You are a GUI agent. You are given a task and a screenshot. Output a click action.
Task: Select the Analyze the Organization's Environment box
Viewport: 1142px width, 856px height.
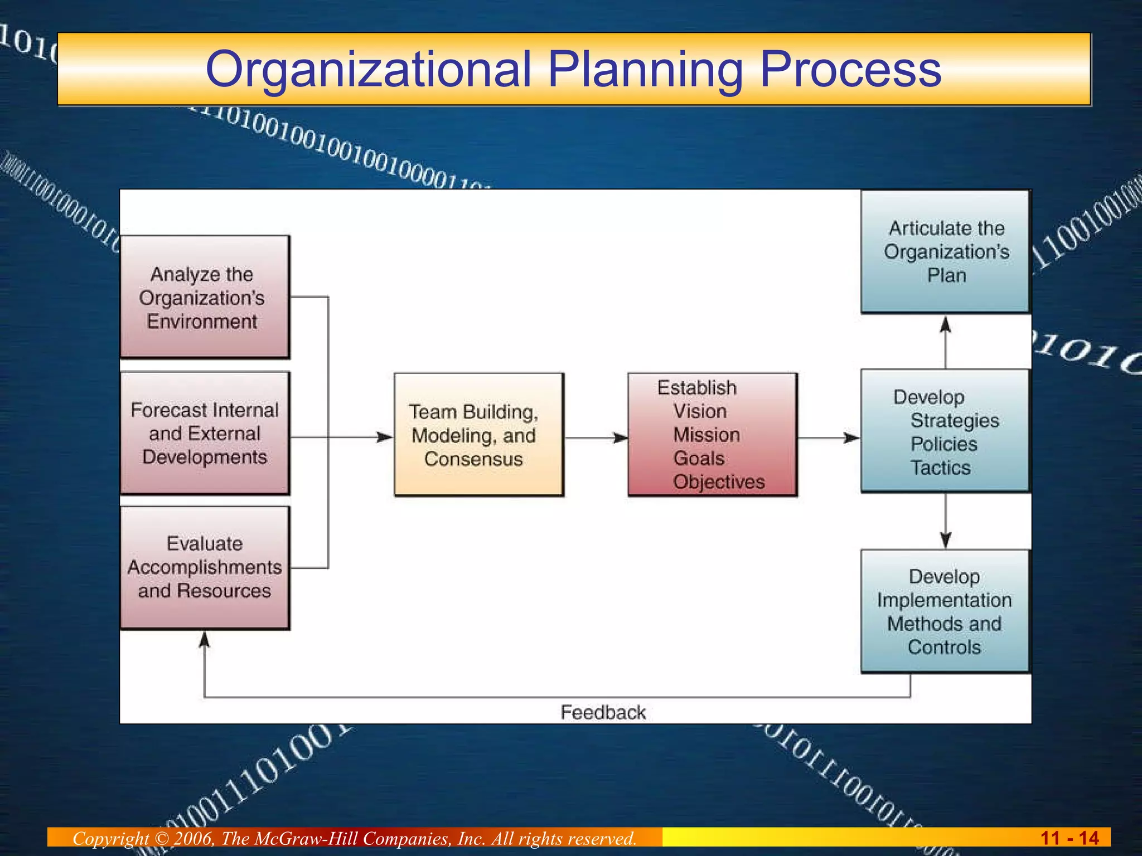coord(205,297)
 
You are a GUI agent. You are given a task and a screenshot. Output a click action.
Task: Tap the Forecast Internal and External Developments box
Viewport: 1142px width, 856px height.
coord(205,433)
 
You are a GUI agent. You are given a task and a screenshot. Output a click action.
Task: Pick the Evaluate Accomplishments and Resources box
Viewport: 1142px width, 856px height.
coord(205,567)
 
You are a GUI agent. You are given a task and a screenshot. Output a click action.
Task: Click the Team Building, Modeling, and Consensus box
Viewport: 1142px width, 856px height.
coord(478,435)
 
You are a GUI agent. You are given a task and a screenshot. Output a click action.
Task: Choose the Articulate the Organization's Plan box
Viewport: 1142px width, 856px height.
coord(946,251)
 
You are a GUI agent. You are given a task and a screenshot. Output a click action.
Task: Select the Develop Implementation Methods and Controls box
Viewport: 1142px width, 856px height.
coord(946,611)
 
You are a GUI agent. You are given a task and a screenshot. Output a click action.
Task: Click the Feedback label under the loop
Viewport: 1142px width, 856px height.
coord(603,712)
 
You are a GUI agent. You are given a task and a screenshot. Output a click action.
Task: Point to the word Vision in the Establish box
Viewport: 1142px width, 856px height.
coord(700,411)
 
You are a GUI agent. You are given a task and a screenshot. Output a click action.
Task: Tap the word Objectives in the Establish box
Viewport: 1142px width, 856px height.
coord(719,481)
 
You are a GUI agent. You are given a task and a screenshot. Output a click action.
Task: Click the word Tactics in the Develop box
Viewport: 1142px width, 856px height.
coord(940,468)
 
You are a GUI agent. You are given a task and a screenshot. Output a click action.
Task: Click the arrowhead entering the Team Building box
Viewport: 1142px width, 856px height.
coord(385,437)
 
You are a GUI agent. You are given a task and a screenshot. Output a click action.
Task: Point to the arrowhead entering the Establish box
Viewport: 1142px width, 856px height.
coord(621,438)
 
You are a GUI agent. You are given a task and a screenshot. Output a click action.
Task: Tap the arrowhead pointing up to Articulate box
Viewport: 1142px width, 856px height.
coord(945,324)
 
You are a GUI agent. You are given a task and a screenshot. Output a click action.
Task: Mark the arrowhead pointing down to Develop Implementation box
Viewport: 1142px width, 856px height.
coord(945,539)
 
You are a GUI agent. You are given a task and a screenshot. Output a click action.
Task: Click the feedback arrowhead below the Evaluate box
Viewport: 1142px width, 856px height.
coord(205,640)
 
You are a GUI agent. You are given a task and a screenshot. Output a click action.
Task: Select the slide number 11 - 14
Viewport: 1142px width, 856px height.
coord(1069,838)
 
